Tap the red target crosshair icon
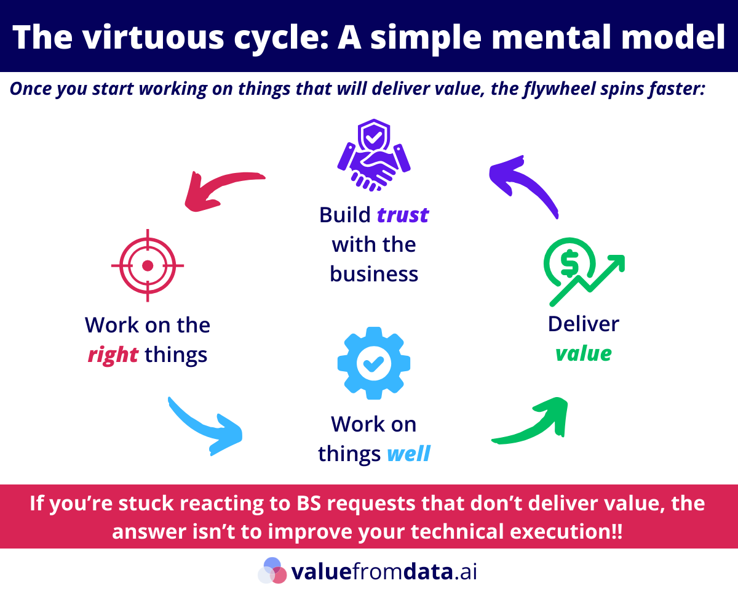[x=148, y=265]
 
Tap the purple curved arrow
[x=523, y=185]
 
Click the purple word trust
[x=402, y=215]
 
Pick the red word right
[x=113, y=355]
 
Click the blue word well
[x=408, y=454]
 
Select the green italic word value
[x=584, y=353]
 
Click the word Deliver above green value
[x=584, y=324]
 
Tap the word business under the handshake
[x=374, y=273]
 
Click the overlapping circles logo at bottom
[x=272, y=571]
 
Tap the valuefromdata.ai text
[x=384, y=571]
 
